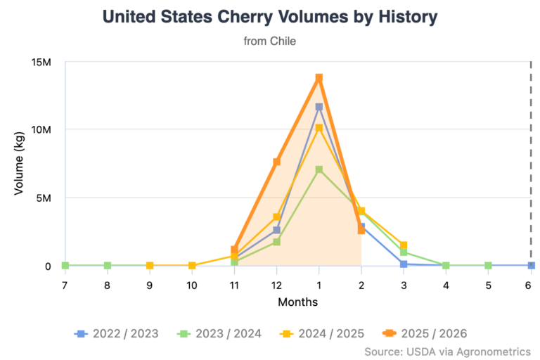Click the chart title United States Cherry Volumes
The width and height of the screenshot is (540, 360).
coord(269,17)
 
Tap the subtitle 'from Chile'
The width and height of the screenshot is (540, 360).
coord(269,41)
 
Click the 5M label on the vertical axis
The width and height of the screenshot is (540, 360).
coord(43,198)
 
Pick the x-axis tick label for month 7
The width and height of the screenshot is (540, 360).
coord(65,285)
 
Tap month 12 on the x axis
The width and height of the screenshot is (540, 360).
coord(277,285)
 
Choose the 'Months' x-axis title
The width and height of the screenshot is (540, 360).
coord(297,303)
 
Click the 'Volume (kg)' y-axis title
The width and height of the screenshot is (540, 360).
coord(19,163)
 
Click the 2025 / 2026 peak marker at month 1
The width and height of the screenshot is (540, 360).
coord(319,78)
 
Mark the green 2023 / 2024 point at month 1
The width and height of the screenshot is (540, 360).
coord(319,169)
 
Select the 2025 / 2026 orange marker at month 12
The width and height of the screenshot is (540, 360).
coord(277,162)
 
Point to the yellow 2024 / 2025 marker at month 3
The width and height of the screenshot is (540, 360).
coord(404,245)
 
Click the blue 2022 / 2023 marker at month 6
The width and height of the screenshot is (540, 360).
coord(531,266)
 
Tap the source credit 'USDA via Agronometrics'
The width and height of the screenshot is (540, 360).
coord(447,351)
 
